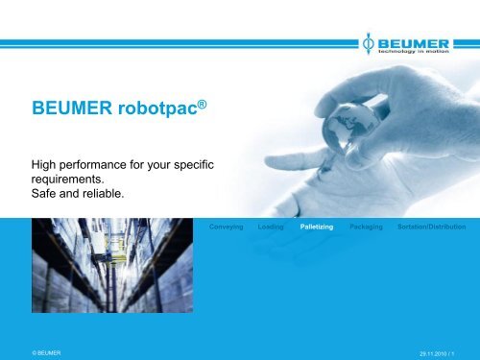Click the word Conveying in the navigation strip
point(226,228)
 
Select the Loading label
point(271,228)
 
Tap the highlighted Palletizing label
point(317,228)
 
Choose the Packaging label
point(367,228)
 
